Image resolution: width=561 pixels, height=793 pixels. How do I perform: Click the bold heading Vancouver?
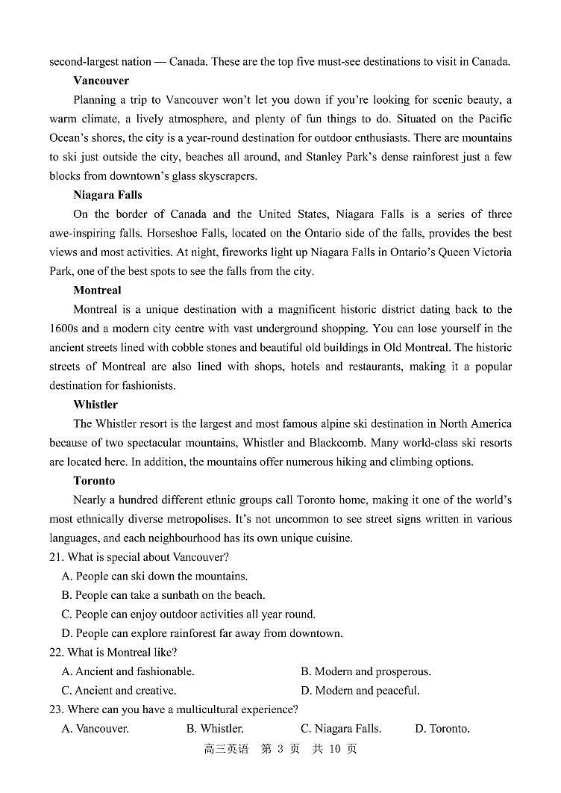coord(101,81)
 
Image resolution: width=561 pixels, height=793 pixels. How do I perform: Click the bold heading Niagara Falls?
coord(107,195)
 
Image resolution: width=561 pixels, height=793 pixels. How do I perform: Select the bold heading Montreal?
coord(97,290)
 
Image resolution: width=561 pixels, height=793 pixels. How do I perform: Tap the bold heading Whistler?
coord(95,405)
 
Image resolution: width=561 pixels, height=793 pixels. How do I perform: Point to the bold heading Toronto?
coord(94,481)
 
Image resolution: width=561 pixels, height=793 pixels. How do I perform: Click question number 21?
coord(57,557)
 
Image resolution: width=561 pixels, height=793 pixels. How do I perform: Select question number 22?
coord(57,653)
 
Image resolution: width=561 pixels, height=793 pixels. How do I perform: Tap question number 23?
coord(57,709)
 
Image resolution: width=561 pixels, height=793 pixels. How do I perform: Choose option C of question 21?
coord(189,615)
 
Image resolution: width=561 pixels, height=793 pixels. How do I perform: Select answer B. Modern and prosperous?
coord(366,671)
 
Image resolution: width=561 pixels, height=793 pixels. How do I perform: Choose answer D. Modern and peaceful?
coord(360,691)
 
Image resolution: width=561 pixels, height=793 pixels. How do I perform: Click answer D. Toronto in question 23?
coord(442,729)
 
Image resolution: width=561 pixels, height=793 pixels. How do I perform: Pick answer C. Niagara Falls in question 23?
coord(341,729)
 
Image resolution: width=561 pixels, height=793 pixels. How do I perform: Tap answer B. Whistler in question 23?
coord(215,729)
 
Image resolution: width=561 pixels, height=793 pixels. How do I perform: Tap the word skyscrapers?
coord(225,176)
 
